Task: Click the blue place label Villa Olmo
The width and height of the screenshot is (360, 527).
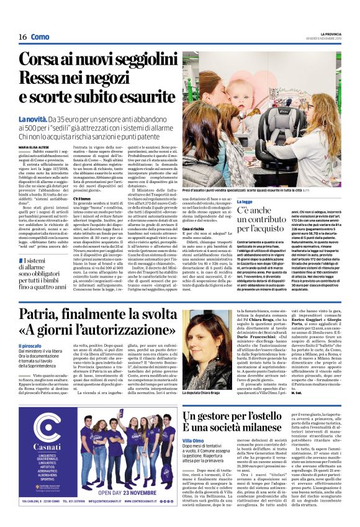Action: coord(193,440)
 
